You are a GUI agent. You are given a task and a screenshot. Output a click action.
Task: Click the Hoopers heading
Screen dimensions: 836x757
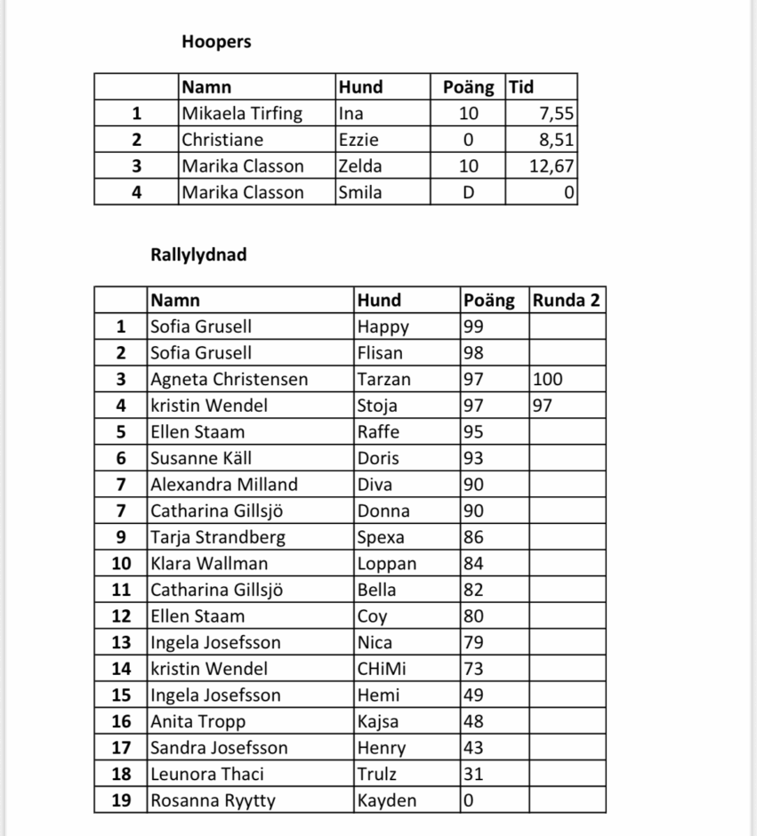coord(216,41)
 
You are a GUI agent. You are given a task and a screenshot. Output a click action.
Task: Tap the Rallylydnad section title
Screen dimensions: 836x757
coord(198,255)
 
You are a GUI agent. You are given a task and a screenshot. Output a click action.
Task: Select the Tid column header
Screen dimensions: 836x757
coord(521,87)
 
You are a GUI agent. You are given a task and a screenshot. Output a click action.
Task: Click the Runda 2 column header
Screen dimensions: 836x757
coord(567,301)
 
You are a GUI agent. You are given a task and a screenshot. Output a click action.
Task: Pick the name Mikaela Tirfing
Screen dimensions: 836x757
coord(242,114)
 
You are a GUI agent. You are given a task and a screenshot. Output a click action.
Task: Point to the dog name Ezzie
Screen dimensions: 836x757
coord(358,140)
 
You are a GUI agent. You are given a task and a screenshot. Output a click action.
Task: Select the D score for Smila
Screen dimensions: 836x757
coord(468,192)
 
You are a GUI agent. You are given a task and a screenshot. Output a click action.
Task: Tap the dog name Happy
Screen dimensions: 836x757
coord(383,326)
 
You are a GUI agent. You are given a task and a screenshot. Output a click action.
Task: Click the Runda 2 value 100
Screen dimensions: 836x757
coord(548,380)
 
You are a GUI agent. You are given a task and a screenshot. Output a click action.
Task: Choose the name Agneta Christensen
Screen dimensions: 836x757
coord(229,380)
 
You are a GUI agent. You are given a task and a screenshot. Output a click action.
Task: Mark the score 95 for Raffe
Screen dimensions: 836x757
coord(474,432)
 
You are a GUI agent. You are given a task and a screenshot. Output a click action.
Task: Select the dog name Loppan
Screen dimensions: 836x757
coord(387,564)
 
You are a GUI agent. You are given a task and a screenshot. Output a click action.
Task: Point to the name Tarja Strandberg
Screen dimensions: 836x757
coord(218,537)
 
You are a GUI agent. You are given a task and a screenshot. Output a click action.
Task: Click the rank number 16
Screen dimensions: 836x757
coord(121,721)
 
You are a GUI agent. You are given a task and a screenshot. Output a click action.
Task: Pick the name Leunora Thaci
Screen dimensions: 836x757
coord(207,774)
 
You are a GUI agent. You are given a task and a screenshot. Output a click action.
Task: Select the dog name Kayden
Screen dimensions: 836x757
coord(387,800)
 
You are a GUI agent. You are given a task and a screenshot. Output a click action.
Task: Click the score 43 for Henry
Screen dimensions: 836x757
coord(474,748)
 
